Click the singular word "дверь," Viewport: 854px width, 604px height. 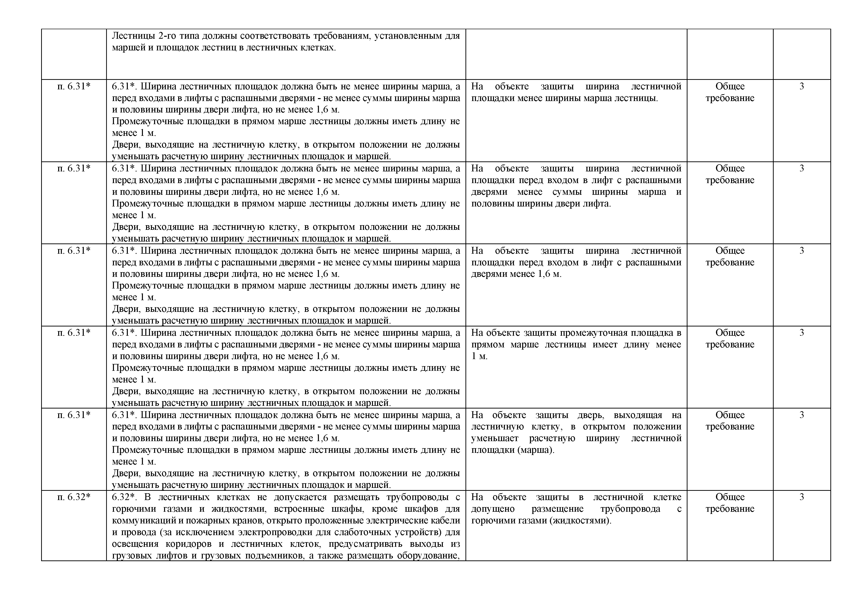591,415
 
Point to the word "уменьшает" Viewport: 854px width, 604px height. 494,438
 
